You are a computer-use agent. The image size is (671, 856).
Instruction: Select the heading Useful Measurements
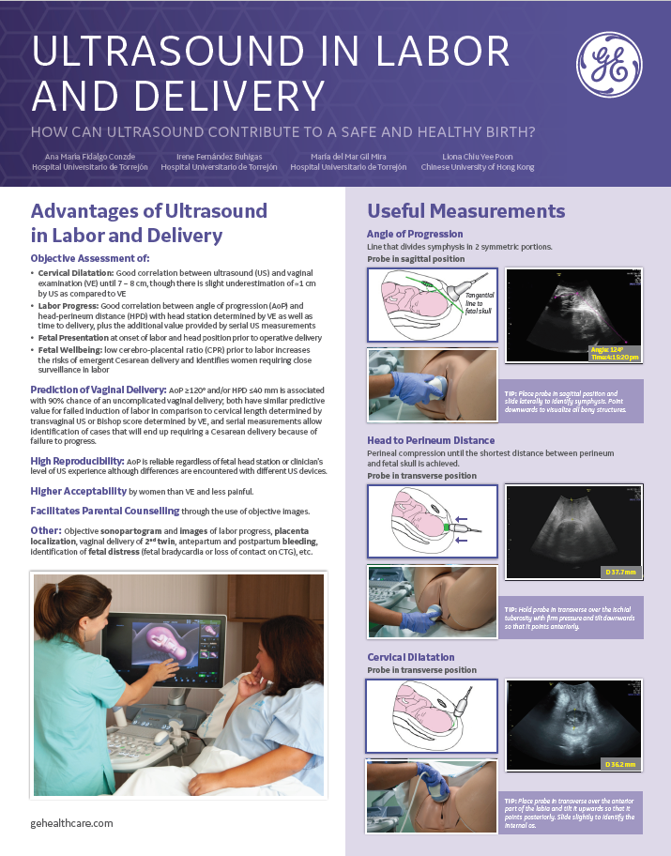click(x=465, y=211)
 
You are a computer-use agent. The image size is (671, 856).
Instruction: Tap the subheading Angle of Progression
click(x=415, y=234)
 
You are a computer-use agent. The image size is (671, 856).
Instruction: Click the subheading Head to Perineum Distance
click(x=431, y=440)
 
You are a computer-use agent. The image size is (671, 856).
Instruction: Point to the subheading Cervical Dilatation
click(x=411, y=657)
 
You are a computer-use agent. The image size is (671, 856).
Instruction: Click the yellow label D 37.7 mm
click(x=619, y=572)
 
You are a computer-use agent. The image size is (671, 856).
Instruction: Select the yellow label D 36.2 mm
click(x=619, y=765)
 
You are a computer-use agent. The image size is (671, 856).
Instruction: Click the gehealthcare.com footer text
click(x=72, y=822)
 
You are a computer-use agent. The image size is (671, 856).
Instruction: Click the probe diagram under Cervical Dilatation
click(x=432, y=716)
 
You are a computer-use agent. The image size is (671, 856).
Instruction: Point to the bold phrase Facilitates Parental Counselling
click(x=105, y=511)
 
